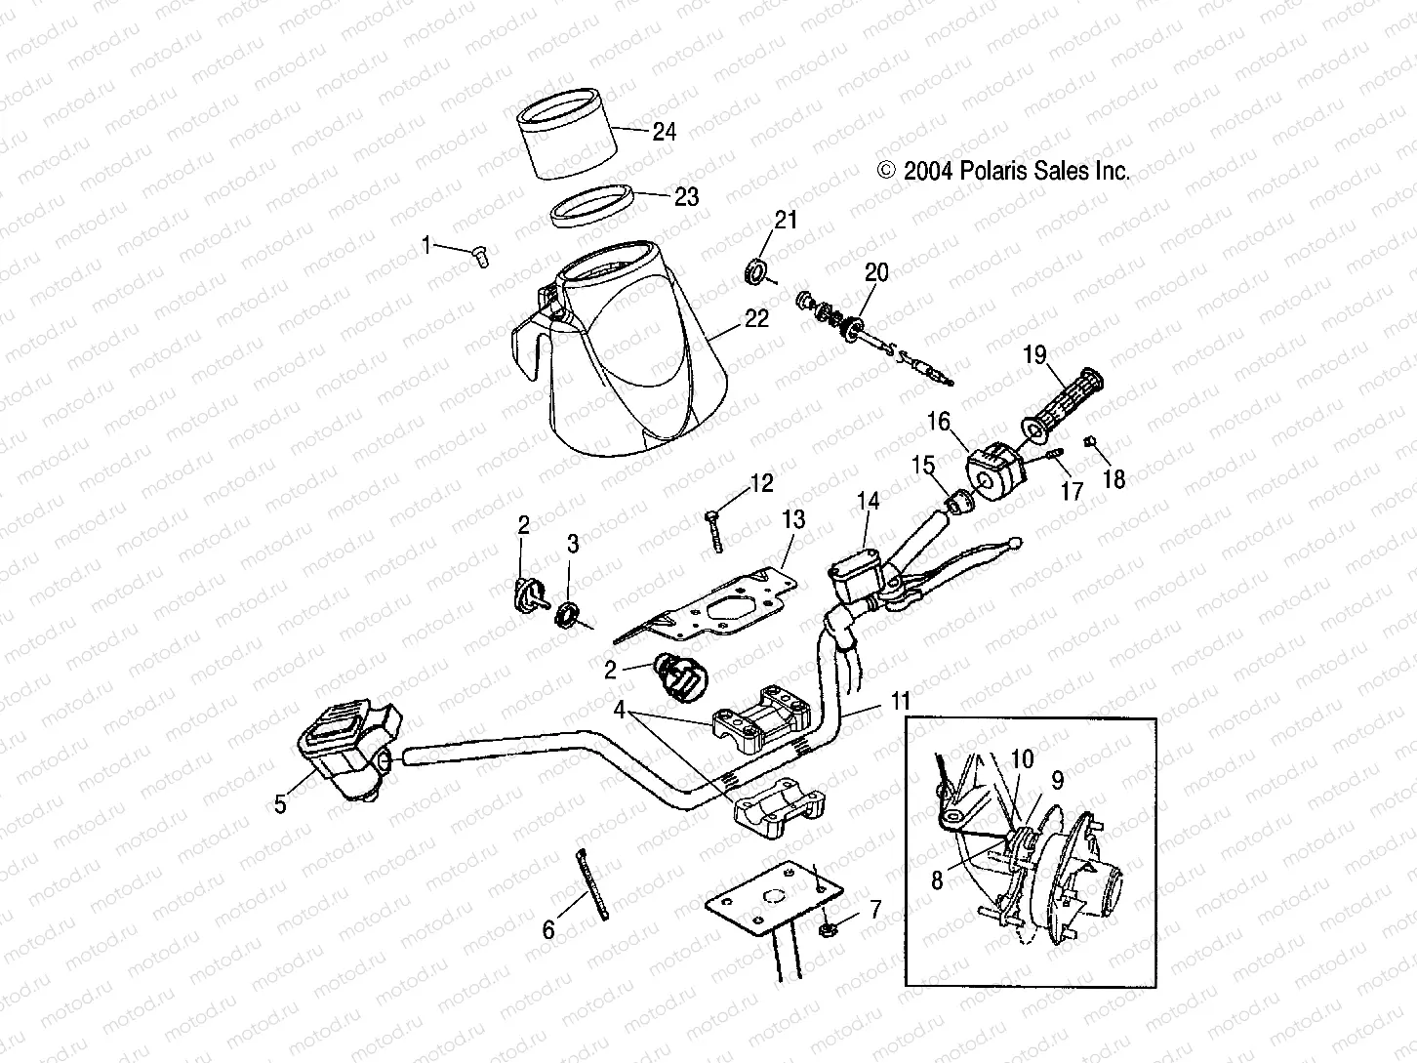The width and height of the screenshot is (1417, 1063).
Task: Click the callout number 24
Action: tap(664, 132)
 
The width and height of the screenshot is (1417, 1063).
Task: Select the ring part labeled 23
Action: tap(590, 207)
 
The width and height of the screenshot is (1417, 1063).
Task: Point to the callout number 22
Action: tap(756, 318)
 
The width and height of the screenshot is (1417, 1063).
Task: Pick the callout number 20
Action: tap(876, 273)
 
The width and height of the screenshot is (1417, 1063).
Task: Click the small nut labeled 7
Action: tap(829, 925)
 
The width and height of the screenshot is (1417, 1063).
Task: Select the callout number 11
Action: tap(899, 702)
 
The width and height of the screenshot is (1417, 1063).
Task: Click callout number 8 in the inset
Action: tap(937, 880)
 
